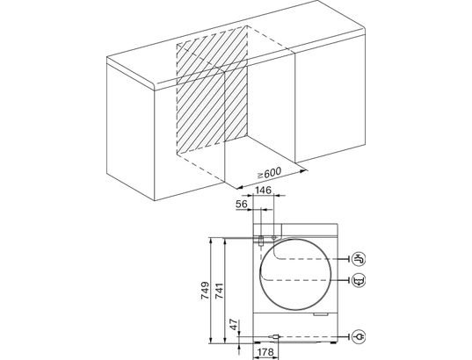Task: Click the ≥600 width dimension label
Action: [x=270, y=173]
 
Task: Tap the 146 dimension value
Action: [x=264, y=190]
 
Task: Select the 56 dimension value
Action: [x=242, y=205]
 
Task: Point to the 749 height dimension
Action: [x=205, y=291]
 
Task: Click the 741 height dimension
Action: [x=220, y=291]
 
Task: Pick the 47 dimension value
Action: [x=234, y=325]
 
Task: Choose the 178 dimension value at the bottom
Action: [x=265, y=352]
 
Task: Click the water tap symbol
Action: [x=359, y=259]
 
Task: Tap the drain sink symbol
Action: [x=359, y=281]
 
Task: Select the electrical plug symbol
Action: [x=359, y=337]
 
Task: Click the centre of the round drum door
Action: [x=295, y=276]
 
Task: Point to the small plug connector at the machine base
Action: [x=274, y=337]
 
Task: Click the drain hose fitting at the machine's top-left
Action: [x=261, y=241]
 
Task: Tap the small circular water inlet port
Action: [x=274, y=238]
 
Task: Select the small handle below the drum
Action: [x=320, y=314]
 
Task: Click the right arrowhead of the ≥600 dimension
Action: [x=305, y=171]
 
